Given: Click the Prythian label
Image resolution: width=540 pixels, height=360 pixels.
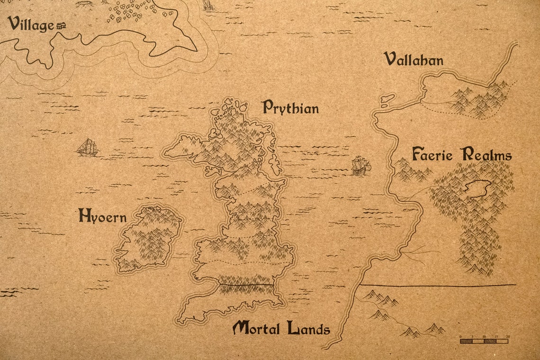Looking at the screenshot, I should pos(290,108).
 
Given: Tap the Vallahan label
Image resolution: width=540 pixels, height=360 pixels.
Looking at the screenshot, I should pos(414,60).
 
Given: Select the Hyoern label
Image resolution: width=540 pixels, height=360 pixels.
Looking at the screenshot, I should pos(102,216).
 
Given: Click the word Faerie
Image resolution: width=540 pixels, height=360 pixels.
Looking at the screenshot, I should pos(433,154).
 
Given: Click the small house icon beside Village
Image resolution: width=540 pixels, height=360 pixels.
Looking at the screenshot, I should pos(61,27).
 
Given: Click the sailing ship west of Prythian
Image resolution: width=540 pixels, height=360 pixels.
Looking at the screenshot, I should pos(88,148).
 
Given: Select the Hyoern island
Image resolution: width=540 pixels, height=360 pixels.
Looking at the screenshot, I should pos(148,239).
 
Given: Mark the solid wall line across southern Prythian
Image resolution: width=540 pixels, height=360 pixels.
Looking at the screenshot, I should pos(246,284).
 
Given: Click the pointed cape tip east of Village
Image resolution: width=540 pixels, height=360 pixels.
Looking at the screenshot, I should pos(195,50).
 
